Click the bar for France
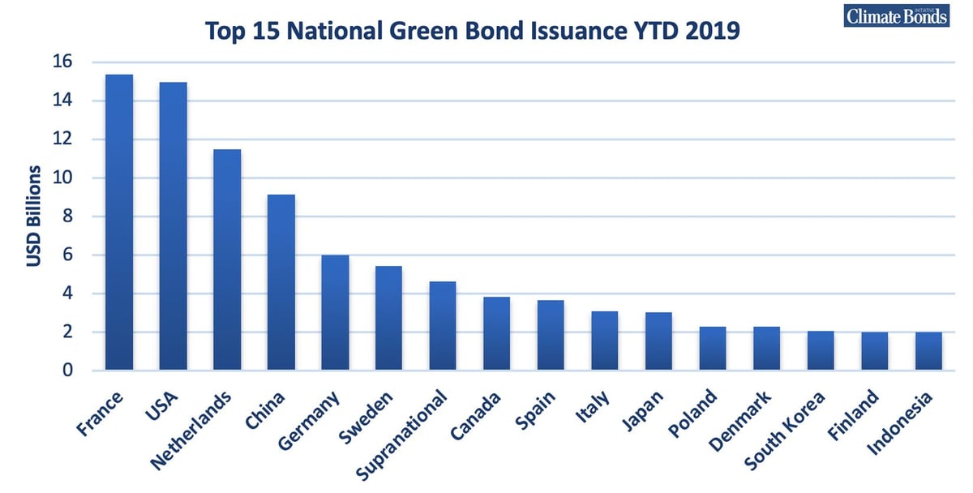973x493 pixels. [x=119, y=222]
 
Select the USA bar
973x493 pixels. [x=174, y=226]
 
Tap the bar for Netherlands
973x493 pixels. [x=227, y=259]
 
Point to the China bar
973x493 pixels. [x=281, y=282]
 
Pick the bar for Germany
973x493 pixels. [x=336, y=313]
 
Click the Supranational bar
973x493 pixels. [x=443, y=326]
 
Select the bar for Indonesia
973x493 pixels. [x=928, y=351]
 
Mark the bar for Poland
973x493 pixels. [x=713, y=349]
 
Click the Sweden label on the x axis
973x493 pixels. [x=366, y=417]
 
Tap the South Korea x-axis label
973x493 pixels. [x=785, y=430]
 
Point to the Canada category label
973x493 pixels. [x=475, y=416]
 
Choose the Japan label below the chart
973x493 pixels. [x=642, y=410]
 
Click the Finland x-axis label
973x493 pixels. [x=852, y=414]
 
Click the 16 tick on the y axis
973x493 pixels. [x=62, y=62]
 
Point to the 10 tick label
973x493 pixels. [x=62, y=178]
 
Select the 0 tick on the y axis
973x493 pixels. [x=67, y=370]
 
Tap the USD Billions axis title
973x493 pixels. [x=33, y=216]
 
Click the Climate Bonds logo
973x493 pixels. [x=897, y=16]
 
